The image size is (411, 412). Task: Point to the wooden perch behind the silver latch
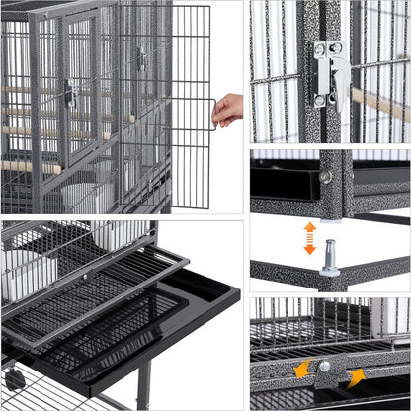point(380,103)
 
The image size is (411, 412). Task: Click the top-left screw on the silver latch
point(320,47)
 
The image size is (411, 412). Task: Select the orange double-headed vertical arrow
point(309,238)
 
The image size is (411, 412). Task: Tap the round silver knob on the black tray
point(326,176)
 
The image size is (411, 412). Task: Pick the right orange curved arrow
point(354,376)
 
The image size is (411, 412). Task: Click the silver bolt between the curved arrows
point(324,367)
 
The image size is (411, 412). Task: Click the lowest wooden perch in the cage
point(30,165)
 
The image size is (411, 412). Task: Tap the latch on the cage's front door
point(69,94)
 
